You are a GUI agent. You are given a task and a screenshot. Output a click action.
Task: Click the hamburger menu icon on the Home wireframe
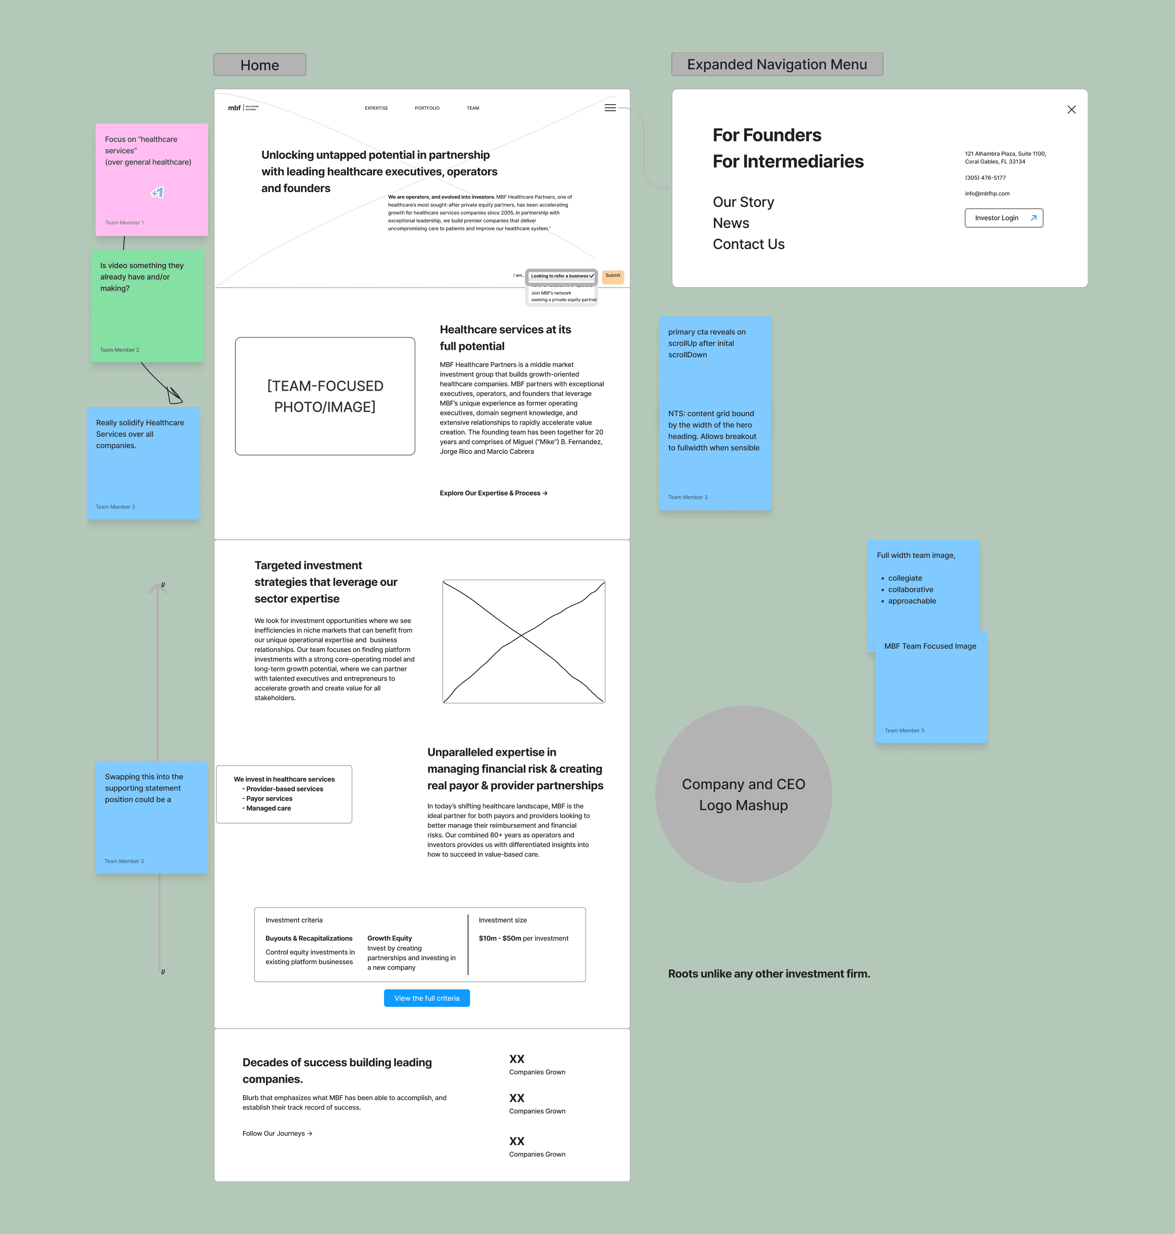coord(610,108)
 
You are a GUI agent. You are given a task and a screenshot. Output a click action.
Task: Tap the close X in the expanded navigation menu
coord(1071,110)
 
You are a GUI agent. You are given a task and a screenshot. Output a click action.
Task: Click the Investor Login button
coord(1003,218)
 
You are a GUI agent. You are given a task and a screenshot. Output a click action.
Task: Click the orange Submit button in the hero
coord(613,276)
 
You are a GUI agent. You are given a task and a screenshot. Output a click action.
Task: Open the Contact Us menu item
coord(748,244)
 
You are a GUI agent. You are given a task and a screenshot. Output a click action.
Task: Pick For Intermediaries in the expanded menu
coord(788,161)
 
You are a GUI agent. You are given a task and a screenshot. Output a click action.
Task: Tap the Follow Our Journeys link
coord(277,1133)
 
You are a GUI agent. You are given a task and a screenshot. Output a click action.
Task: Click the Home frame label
coord(260,65)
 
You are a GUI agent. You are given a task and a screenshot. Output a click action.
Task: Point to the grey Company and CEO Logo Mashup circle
coord(743,794)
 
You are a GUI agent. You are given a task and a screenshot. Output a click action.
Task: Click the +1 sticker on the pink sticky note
coord(157,192)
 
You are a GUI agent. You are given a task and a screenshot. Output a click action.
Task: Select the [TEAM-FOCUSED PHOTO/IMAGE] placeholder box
coord(325,396)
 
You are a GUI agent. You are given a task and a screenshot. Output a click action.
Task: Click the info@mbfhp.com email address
coord(987,193)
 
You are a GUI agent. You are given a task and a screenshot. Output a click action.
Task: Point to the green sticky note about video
coord(147,306)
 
